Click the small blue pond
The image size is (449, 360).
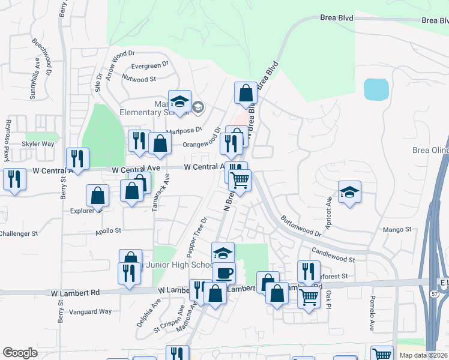pos(376,89)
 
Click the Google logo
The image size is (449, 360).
pos(20,353)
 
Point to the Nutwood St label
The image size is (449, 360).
pos(139,79)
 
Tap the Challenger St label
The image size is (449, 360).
pos(19,233)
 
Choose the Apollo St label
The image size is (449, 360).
pos(109,230)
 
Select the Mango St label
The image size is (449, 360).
pos(397,229)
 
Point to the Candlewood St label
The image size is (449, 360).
pos(333,255)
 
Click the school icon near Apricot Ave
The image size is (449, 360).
pos(349,192)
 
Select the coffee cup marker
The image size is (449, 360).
pos(224,273)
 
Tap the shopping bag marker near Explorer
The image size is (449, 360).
pos(98,196)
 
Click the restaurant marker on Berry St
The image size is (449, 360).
pos(77,158)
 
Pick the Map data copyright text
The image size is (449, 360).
pos(424,355)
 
